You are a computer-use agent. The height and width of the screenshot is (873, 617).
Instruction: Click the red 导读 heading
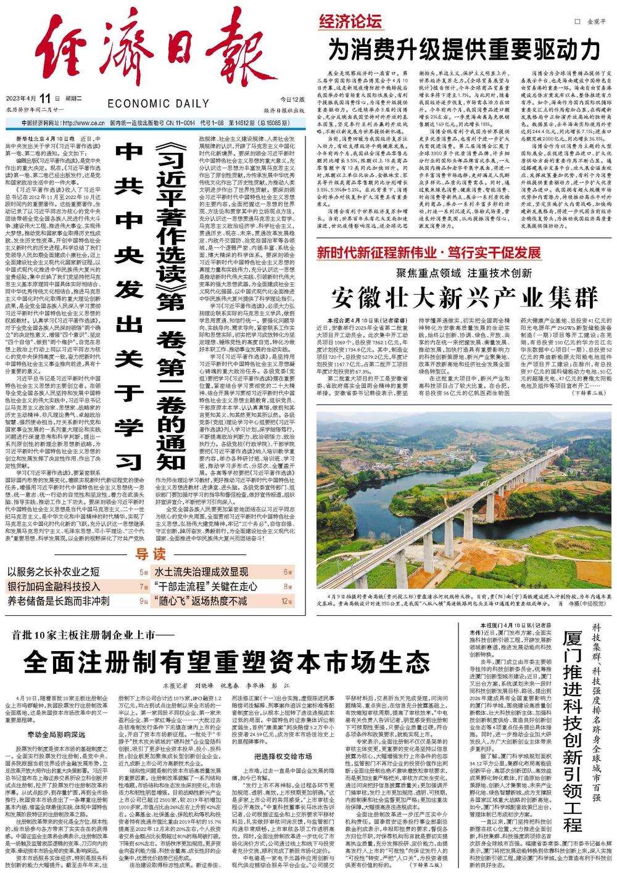[151, 552]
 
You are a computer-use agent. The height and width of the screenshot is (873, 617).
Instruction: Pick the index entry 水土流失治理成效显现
[201, 572]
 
